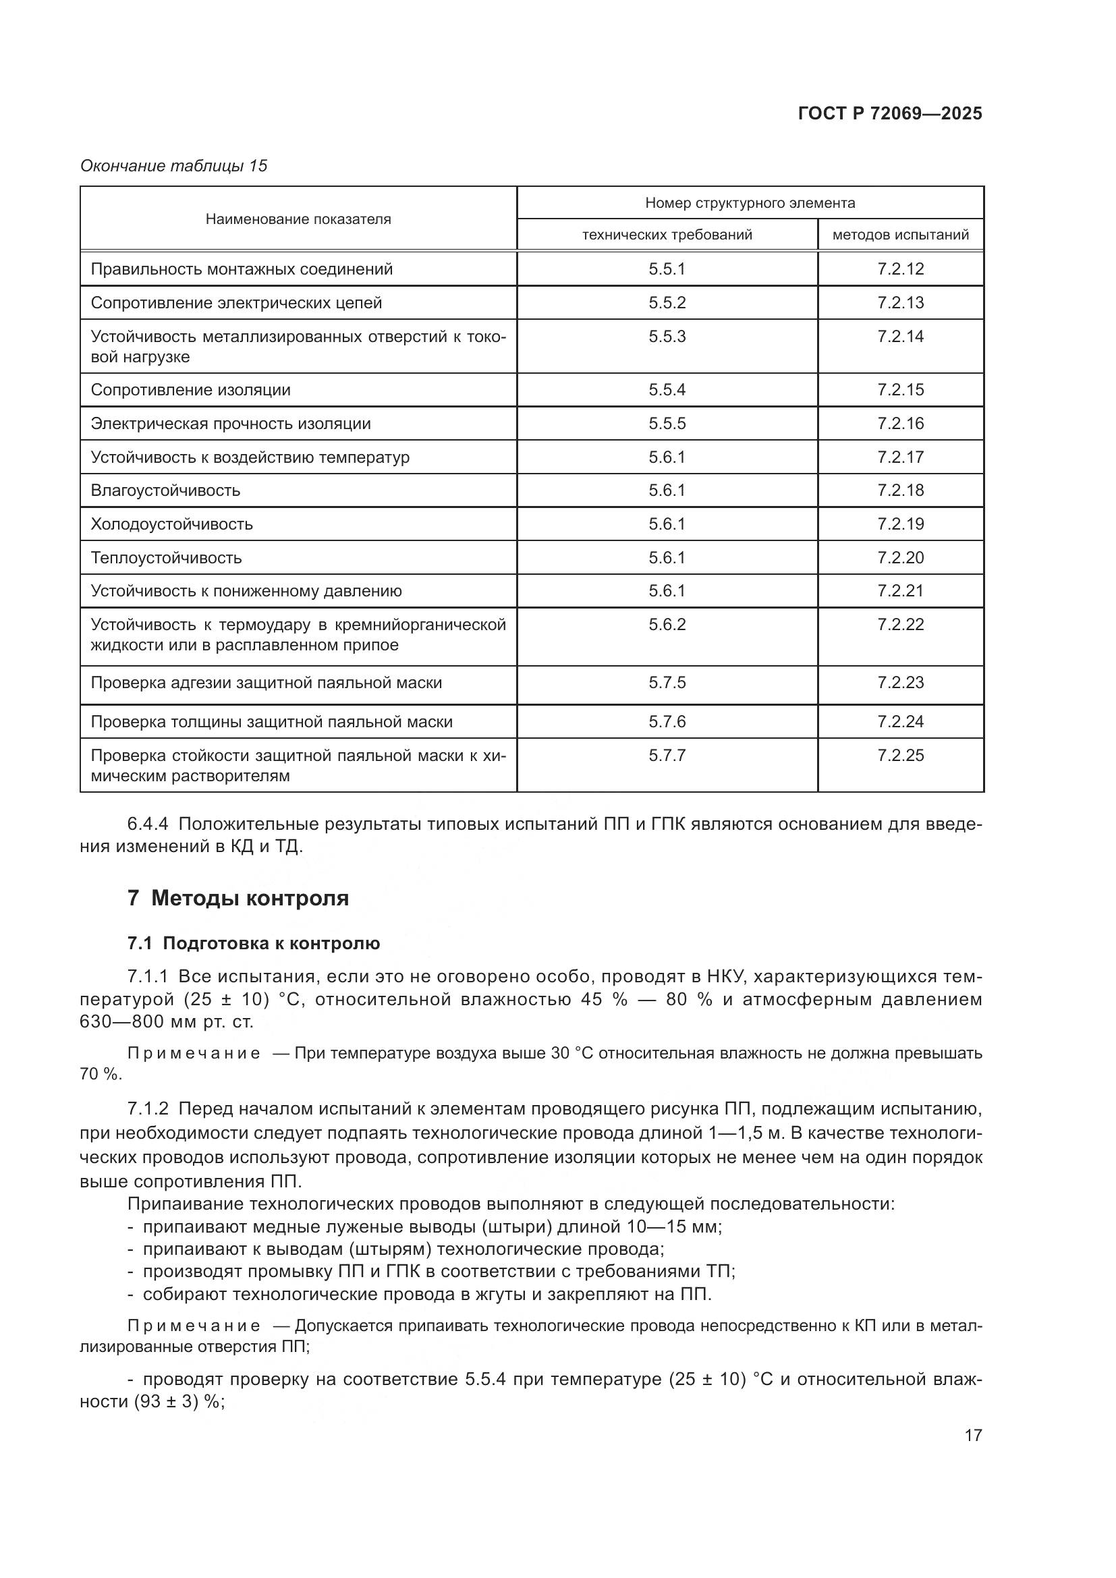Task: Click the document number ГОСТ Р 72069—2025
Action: pyautogui.click(x=890, y=114)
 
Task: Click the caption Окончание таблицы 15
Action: pyautogui.click(x=174, y=167)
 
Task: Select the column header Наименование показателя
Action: pyautogui.click(x=298, y=219)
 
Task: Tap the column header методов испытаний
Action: pyautogui.click(x=900, y=235)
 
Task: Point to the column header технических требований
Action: pyautogui.click(x=667, y=235)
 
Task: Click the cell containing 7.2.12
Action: pyautogui.click(x=900, y=269)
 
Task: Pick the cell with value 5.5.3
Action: pyautogui.click(x=667, y=337)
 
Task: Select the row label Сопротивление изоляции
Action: pyautogui.click(x=190, y=391)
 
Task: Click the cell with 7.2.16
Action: pyautogui.click(x=900, y=424)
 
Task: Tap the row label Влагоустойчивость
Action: pyautogui.click(x=165, y=490)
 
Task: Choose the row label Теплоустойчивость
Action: pyautogui.click(x=165, y=558)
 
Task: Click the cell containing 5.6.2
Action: pyautogui.click(x=667, y=625)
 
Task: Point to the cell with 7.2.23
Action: pyautogui.click(x=900, y=683)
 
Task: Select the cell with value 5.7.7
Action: pyautogui.click(x=667, y=756)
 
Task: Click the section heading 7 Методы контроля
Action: pyautogui.click(x=238, y=898)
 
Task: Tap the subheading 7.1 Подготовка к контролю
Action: pyautogui.click(x=254, y=944)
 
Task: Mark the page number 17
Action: pyautogui.click(x=973, y=1435)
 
